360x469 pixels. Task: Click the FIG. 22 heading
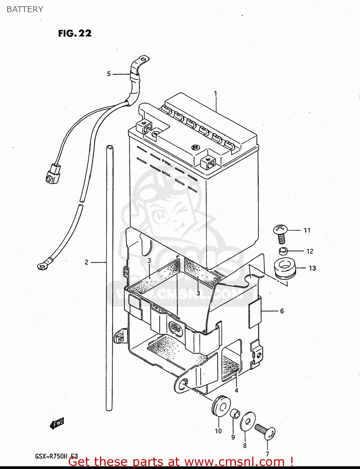point(75,33)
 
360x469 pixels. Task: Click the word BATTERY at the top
point(25,9)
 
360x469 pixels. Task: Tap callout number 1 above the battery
point(215,93)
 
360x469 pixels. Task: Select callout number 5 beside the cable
point(109,74)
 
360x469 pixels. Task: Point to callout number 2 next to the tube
point(87,262)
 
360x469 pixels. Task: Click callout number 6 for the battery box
point(282,311)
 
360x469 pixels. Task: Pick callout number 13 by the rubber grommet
point(312,268)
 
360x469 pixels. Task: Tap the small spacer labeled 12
point(283,251)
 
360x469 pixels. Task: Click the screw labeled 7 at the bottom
point(265,431)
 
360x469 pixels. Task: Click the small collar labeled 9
point(235,414)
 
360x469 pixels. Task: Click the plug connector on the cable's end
point(52,174)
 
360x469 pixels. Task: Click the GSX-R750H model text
point(51,456)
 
